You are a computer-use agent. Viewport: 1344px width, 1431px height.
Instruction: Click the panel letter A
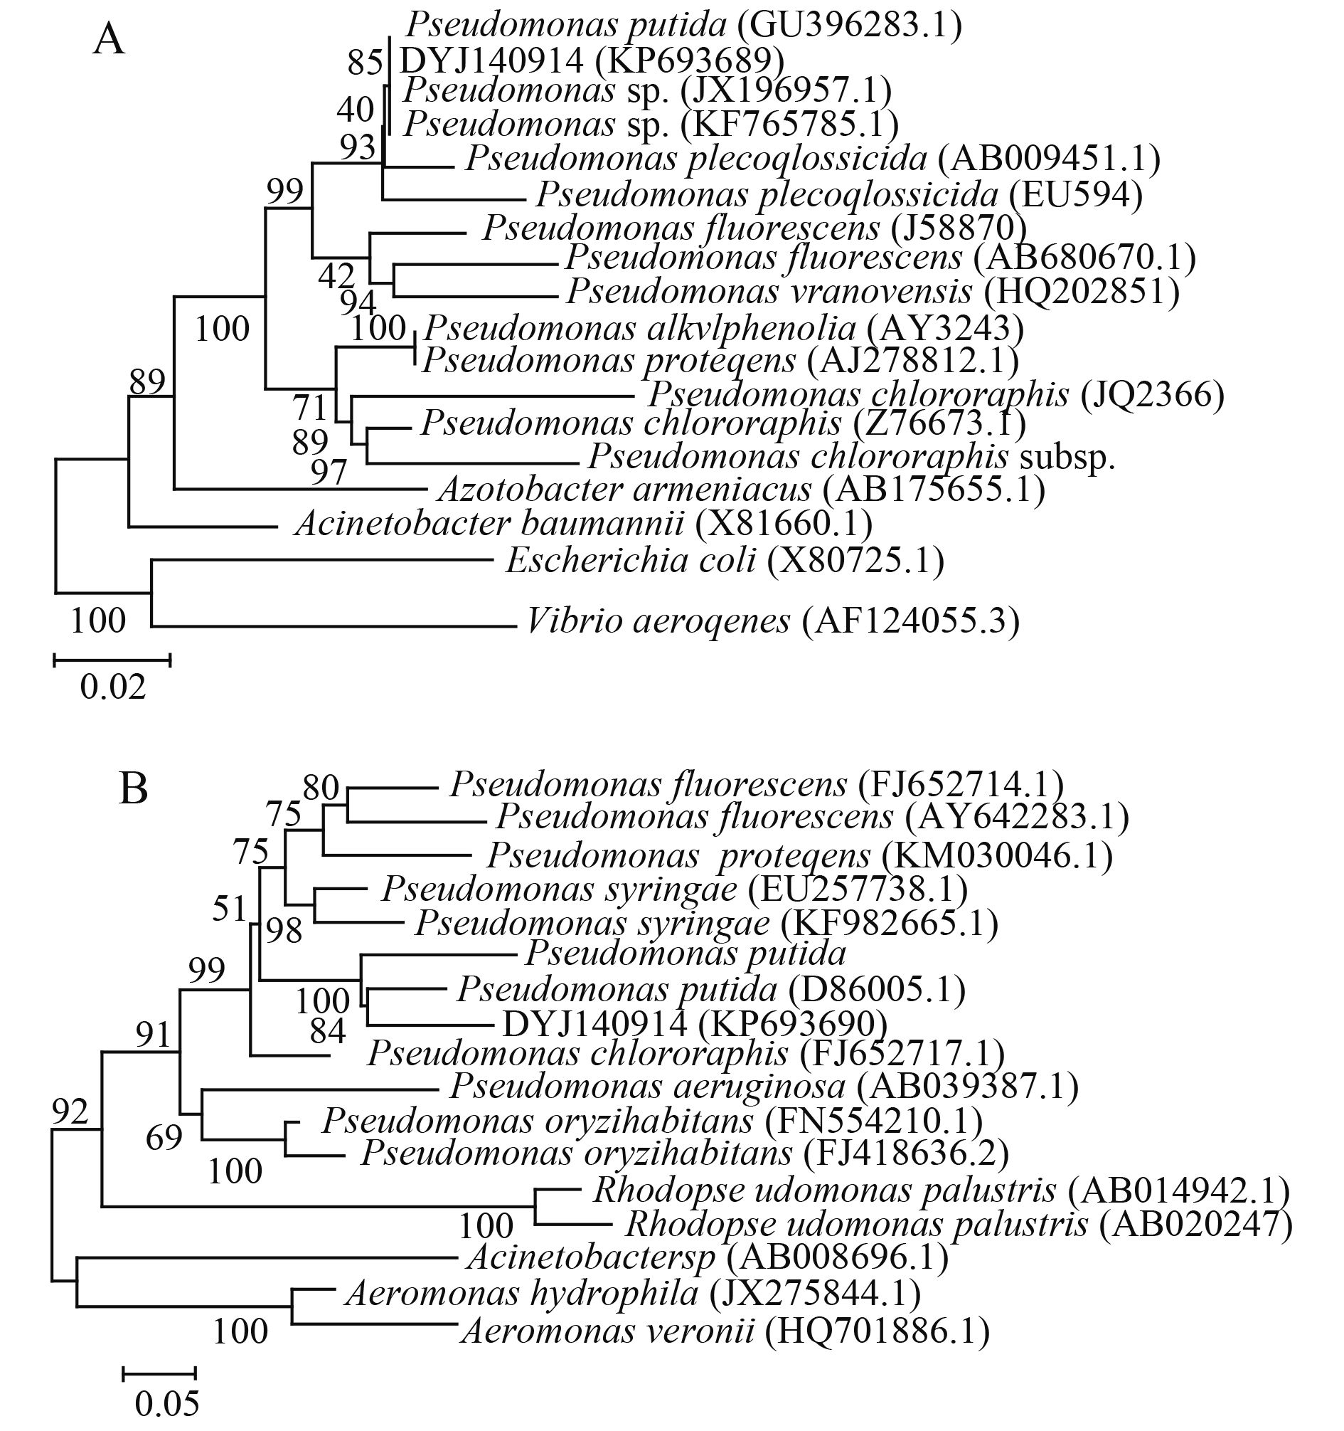pos(109,42)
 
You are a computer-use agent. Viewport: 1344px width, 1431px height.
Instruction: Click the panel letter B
pos(134,789)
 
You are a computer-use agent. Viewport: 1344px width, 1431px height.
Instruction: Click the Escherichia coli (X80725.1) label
pos(725,560)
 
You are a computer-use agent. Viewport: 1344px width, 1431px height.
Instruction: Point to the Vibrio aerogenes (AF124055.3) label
pos(773,621)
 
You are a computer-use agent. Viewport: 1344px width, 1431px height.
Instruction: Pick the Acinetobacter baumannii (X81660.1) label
pos(584,523)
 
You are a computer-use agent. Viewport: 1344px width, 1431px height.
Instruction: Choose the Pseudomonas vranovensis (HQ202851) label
pos(873,291)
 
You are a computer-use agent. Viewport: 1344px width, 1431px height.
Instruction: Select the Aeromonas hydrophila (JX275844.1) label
pos(633,1294)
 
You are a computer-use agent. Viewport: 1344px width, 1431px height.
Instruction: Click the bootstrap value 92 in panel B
pos(70,1112)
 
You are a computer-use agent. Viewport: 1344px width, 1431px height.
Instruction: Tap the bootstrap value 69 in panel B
pos(164,1139)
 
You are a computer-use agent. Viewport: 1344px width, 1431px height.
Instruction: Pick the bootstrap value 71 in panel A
pos(310,408)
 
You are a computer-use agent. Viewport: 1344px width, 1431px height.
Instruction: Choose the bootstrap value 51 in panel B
pos(230,909)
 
